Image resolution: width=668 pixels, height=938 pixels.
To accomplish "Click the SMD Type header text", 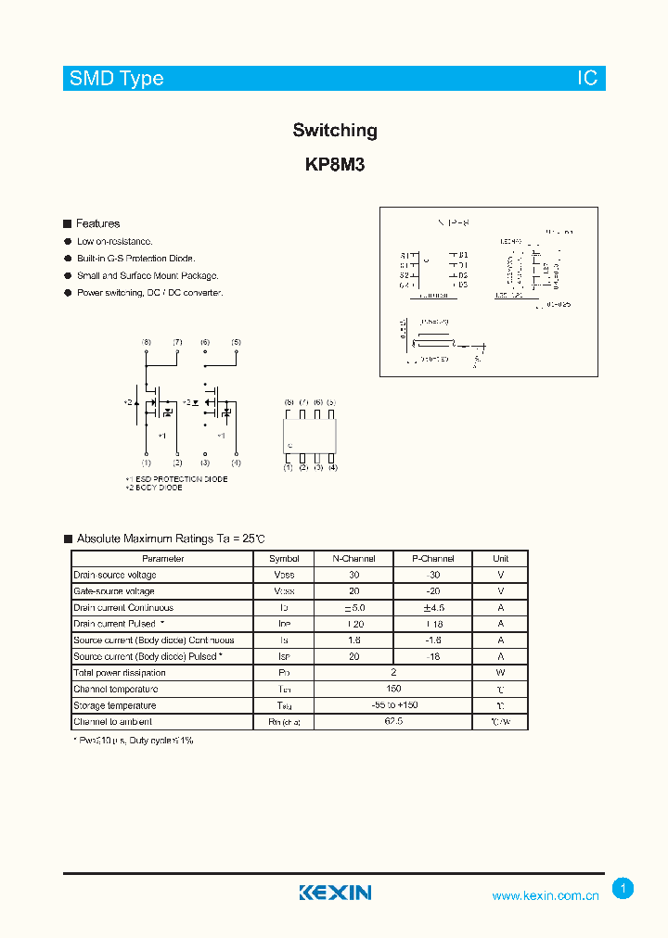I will [x=117, y=79].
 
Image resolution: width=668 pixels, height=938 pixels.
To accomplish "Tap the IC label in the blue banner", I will [x=587, y=79].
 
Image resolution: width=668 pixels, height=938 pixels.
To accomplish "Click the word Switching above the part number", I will [x=335, y=131].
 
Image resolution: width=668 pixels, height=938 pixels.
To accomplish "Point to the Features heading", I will [x=97, y=223].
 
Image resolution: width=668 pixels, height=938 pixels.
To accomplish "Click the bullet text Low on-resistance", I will [x=114, y=241].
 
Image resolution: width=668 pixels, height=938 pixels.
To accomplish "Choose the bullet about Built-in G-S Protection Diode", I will [x=135, y=259].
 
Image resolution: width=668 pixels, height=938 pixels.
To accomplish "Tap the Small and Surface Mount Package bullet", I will [x=148, y=275].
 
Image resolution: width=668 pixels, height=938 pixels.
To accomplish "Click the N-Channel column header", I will [x=353, y=559].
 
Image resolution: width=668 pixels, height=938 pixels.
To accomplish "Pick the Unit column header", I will [x=500, y=559].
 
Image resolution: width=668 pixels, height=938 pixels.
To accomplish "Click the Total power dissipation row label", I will [x=120, y=673].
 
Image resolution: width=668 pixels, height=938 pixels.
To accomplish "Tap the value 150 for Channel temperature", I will [x=393, y=689].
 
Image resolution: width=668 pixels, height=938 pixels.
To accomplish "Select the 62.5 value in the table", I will [x=393, y=721].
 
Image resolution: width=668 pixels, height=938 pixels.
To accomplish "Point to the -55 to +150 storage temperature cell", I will [x=393, y=705].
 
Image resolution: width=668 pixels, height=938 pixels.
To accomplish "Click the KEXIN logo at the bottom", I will [x=335, y=893].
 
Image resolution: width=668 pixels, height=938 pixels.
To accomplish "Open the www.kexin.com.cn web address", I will [x=546, y=895].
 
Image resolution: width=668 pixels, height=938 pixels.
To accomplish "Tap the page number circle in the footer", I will [x=623, y=888].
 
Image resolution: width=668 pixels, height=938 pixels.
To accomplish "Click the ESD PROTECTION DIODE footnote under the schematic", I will [x=178, y=479].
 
